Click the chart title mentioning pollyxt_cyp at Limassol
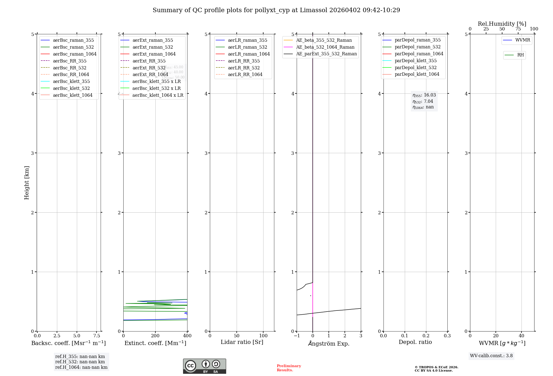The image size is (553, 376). (276, 10)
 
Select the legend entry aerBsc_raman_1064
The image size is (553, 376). (75, 54)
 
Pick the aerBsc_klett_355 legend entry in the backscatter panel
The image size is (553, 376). (71, 81)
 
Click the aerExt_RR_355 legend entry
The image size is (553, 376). (149, 61)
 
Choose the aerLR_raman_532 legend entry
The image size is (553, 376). (247, 47)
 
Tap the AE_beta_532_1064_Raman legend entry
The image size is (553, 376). (325, 47)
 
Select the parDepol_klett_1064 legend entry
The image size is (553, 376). (417, 74)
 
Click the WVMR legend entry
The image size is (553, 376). (523, 40)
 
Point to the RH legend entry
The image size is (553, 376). (520, 55)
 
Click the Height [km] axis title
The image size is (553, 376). (27, 182)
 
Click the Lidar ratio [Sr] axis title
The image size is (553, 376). (242, 342)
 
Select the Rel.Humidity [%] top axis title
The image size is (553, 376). (502, 24)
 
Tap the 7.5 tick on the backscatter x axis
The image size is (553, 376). (96, 336)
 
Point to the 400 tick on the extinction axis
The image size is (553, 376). (187, 336)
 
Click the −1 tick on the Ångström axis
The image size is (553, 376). (297, 336)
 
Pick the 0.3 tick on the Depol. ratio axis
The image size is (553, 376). (447, 336)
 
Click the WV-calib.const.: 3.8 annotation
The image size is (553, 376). (491, 356)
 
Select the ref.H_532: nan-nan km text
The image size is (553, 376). (80, 362)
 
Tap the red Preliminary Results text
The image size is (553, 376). (289, 368)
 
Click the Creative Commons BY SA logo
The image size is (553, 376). (204, 366)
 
